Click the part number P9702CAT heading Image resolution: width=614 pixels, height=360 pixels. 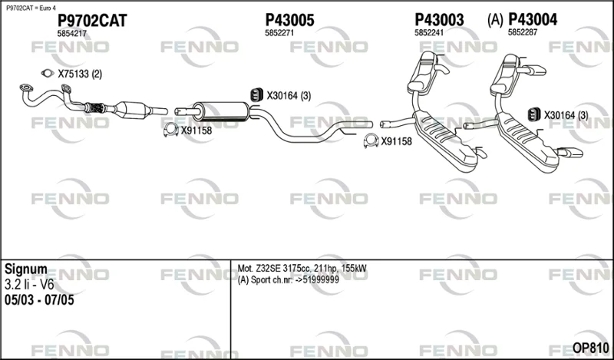pyautogui.click(x=92, y=21)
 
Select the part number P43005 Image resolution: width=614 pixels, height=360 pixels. pyautogui.click(x=290, y=20)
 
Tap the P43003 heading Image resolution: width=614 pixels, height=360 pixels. pyautogui.click(x=439, y=20)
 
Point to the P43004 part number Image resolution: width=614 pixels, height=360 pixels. pyautogui.click(x=533, y=20)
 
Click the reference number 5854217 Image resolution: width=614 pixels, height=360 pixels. pyautogui.click(x=71, y=34)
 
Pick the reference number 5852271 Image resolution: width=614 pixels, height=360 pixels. pyautogui.click(x=279, y=33)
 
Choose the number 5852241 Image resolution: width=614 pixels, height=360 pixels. pyautogui.click(x=429, y=33)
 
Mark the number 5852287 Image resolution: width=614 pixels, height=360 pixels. pyautogui.click(x=523, y=33)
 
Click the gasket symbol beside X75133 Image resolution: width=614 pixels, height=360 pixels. pyautogui.click(x=48, y=73)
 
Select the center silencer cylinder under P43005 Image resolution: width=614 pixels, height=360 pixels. pyautogui.click(x=221, y=111)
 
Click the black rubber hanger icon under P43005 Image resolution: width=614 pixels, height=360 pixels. pyautogui.click(x=256, y=95)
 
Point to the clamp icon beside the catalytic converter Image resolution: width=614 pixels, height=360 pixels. pyautogui.click(x=170, y=130)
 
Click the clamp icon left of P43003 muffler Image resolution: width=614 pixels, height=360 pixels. pyautogui.click(x=371, y=140)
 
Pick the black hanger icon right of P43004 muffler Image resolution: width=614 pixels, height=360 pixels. pyautogui.click(x=533, y=114)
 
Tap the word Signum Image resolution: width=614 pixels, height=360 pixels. pyautogui.click(x=25, y=269)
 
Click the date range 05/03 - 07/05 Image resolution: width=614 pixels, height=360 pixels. pyautogui.click(x=39, y=300)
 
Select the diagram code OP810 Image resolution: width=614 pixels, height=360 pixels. pyautogui.click(x=590, y=348)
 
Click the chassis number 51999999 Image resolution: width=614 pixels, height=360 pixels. pyautogui.click(x=321, y=280)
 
